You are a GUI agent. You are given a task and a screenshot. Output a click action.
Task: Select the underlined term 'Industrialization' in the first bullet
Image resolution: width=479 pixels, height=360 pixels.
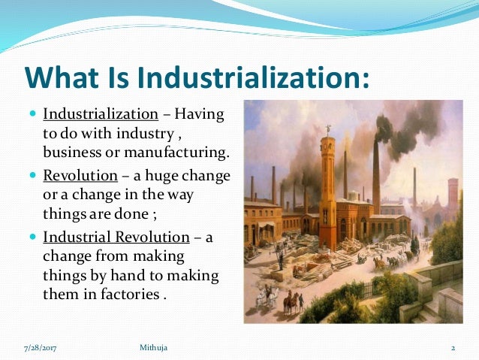tap(101, 116)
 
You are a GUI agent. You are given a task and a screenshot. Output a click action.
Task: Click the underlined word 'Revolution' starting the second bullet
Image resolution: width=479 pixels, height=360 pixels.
tap(80, 176)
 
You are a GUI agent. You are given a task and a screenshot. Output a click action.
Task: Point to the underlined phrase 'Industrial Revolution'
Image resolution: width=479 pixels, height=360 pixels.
tap(116, 237)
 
